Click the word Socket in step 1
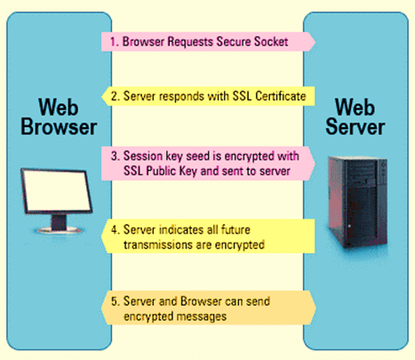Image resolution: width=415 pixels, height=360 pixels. tap(271, 42)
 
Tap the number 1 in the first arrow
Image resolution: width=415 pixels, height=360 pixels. tap(113, 42)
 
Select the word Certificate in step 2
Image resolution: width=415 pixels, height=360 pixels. tap(281, 96)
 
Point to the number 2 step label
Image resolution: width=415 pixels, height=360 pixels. tap(115, 96)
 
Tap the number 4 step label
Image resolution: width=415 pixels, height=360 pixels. tap(115, 229)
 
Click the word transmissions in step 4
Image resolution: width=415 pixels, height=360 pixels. tap(158, 245)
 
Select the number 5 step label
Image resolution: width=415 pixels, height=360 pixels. tap(115, 301)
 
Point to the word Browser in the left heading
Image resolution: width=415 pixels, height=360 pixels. tap(59, 127)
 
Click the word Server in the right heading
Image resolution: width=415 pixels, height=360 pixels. tap(355, 127)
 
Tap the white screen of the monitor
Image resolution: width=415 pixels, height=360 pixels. tap(57, 190)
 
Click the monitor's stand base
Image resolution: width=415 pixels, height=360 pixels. tap(59, 229)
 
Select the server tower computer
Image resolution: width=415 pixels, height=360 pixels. tap(357, 203)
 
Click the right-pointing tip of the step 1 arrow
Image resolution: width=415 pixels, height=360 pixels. tap(315, 42)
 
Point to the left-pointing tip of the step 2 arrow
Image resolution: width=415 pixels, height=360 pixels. tap(102, 96)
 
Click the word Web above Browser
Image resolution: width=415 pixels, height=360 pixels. tap(59, 108)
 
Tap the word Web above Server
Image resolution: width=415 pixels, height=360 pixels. tap(355, 107)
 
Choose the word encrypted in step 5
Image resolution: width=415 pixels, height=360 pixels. tap(148, 316)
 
